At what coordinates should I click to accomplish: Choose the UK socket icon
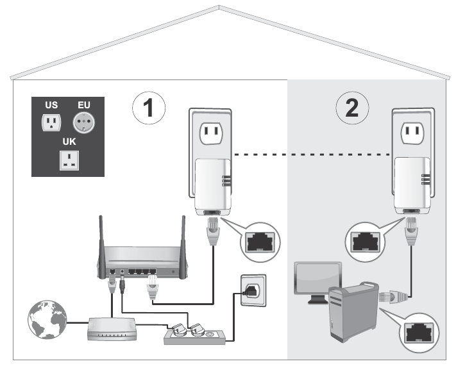68,160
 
